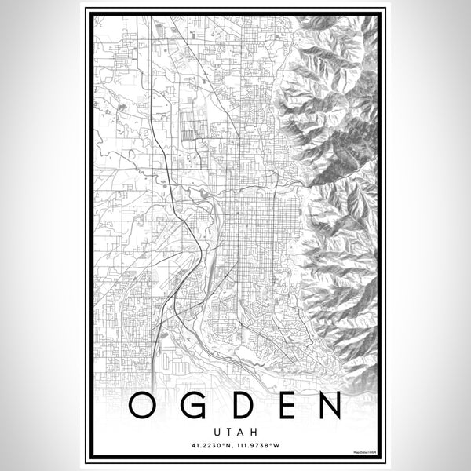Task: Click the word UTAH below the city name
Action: pyautogui.click(x=235, y=430)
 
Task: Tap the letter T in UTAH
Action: pyautogui.click(x=229, y=430)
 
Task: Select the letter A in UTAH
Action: pyautogui.click(x=241, y=430)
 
